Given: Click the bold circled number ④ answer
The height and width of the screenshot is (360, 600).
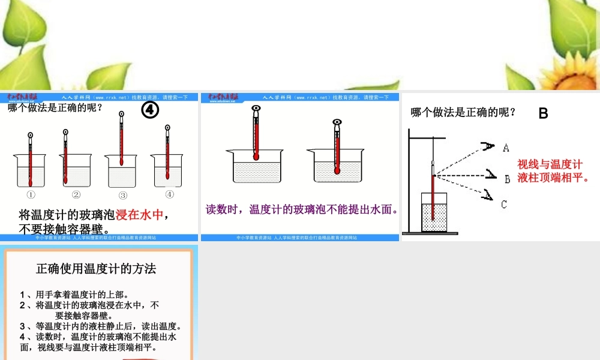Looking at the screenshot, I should [x=150, y=110].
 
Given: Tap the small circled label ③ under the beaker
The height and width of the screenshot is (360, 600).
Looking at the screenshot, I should [x=123, y=195].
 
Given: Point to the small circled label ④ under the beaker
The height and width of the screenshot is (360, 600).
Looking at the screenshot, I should [x=169, y=194].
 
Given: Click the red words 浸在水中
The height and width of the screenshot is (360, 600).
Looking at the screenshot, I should [x=139, y=215].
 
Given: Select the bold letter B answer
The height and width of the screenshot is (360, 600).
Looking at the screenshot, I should [x=543, y=113].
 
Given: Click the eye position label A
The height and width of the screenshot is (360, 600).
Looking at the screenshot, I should [x=506, y=147].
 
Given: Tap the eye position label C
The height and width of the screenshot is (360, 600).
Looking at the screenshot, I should [x=505, y=205].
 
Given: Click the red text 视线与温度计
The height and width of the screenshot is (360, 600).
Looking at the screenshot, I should [x=550, y=164].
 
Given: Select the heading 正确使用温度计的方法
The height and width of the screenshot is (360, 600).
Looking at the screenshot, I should [x=96, y=268].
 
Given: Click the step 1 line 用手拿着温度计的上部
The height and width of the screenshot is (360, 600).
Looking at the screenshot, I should [x=74, y=294].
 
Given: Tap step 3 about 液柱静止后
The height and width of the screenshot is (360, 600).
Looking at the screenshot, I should [x=101, y=326].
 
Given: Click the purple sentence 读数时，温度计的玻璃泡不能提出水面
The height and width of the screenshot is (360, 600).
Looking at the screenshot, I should [x=302, y=209].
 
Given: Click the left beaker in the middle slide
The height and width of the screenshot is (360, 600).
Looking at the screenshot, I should [x=256, y=166].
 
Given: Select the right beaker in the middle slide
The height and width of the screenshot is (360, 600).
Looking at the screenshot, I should [x=337, y=166].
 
